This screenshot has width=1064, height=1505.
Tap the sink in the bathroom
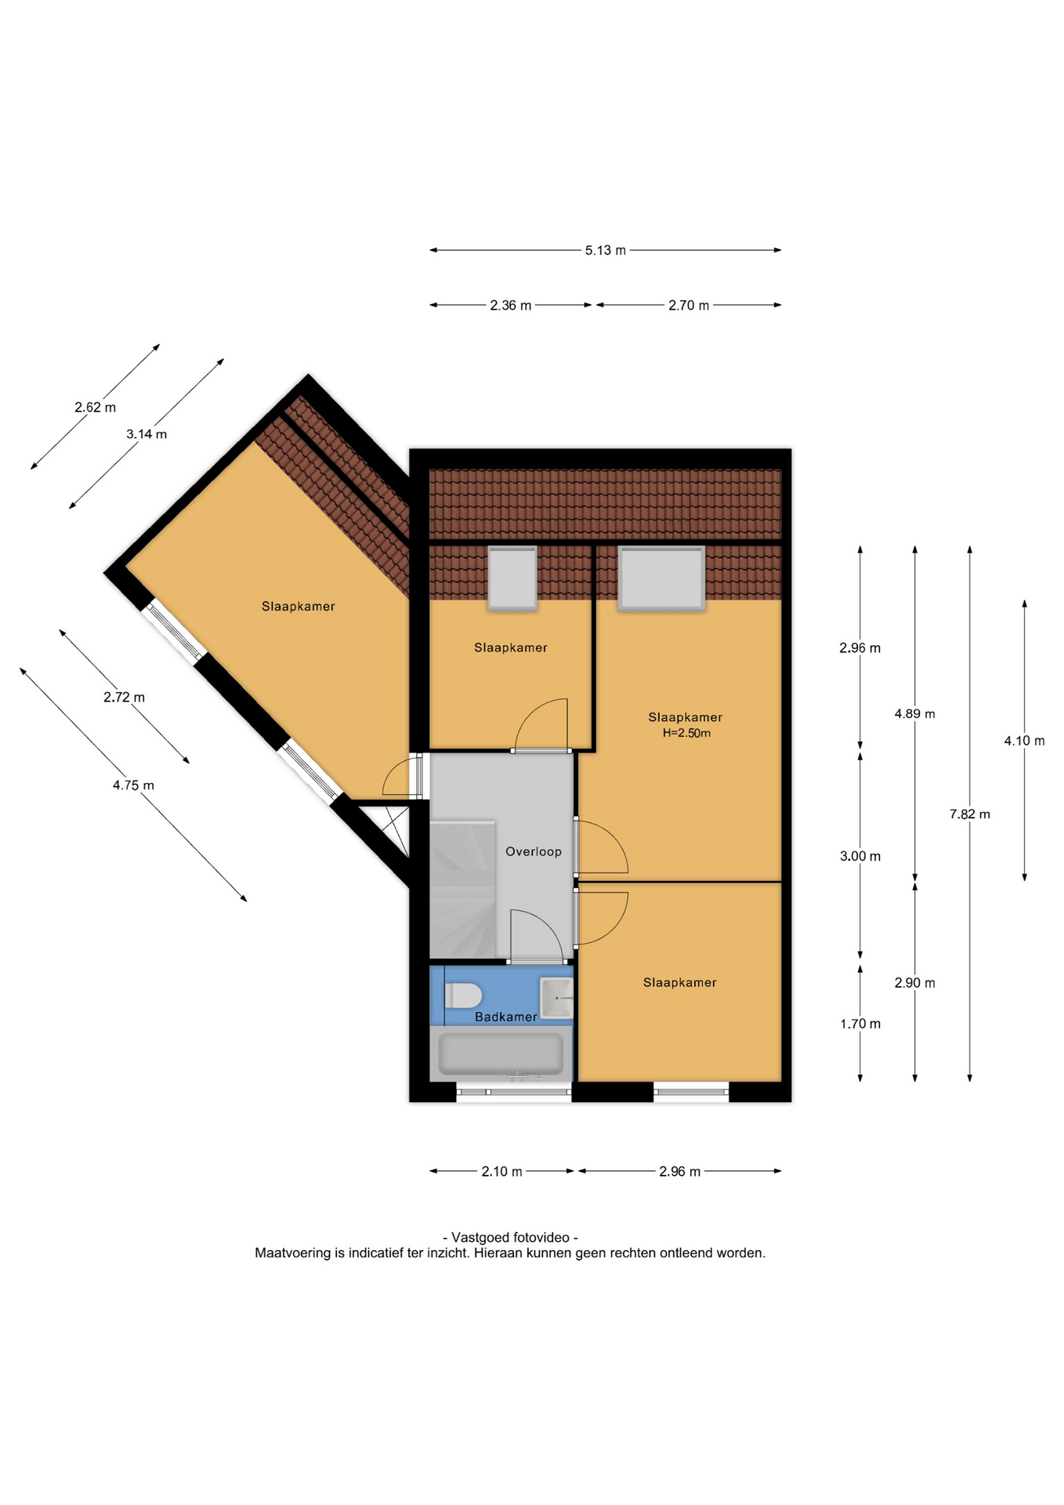(557, 998)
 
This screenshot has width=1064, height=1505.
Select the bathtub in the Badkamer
(501, 1054)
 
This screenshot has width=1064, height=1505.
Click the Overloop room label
(534, 851)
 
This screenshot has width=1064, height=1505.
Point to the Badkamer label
(506, 1017)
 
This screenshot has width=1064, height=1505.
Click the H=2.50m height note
(686, 733)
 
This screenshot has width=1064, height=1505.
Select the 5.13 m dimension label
(606, 251)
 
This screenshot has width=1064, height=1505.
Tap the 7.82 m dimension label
(970, 814)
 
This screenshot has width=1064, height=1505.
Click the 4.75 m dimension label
(133, 785)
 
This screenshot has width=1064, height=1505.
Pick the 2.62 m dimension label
(96, 408)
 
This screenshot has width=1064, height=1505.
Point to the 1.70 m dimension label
(860, 1024)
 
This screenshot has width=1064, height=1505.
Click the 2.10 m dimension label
(501, 1171)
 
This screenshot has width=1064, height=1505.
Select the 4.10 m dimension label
(1025, 741)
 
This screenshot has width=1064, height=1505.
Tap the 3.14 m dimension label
(147, 434)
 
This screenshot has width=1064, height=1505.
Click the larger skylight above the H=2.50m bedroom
(661, 578)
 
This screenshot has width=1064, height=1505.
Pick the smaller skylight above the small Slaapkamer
(512, 578)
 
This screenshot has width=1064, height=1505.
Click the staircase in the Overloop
(462, 889)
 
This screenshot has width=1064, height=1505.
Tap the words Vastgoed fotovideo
(511, 1237)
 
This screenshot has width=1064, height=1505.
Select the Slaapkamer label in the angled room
(299, 606)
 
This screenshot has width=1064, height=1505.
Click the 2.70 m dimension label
(689, 306)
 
